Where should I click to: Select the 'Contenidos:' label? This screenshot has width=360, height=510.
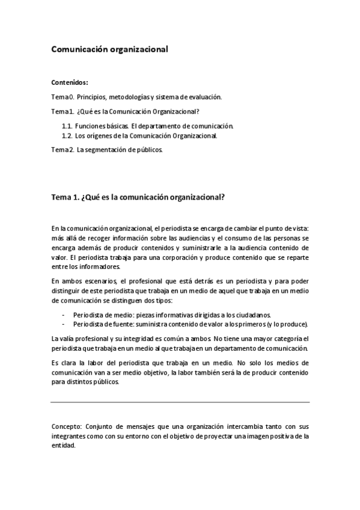tap(70, 82)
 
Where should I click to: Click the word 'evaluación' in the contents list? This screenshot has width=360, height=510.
tap(204, 97)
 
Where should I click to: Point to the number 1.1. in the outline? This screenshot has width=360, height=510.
tap(67, 126)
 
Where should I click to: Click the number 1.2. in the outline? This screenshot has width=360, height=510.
tap(67, 136)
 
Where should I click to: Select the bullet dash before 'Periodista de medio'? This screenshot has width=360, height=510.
tap(64, 315)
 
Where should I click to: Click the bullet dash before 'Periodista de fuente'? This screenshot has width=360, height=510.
tap(64, 324)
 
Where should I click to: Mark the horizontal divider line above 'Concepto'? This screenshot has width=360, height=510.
tap(180, 402)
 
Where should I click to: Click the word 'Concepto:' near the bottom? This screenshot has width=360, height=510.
tap(67, 426)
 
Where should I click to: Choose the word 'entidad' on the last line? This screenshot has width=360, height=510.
tap(63, 446)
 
